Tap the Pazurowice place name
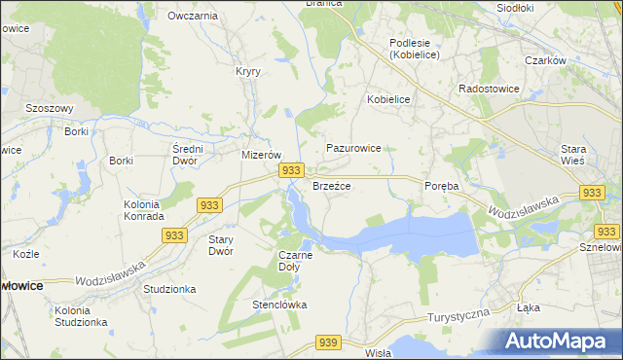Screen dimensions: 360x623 click(x=353, y=148)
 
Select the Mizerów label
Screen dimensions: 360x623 click(x=261, y=155)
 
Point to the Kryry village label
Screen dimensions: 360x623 click(x=248, y=71)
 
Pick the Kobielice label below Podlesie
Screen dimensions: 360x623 click(x=387, y=99)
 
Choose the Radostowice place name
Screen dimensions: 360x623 click(x=489, y=88)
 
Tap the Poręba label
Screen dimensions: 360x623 click(x=441, y=185)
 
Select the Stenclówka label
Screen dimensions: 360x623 click(x=280, y=305)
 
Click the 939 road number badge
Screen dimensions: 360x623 click(x=328, y=342)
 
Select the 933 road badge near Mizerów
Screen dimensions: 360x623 click(x=290, y=170)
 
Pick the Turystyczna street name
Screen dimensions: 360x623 click(x=458, y=318)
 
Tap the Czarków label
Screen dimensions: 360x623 click(x=545, y=60)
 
